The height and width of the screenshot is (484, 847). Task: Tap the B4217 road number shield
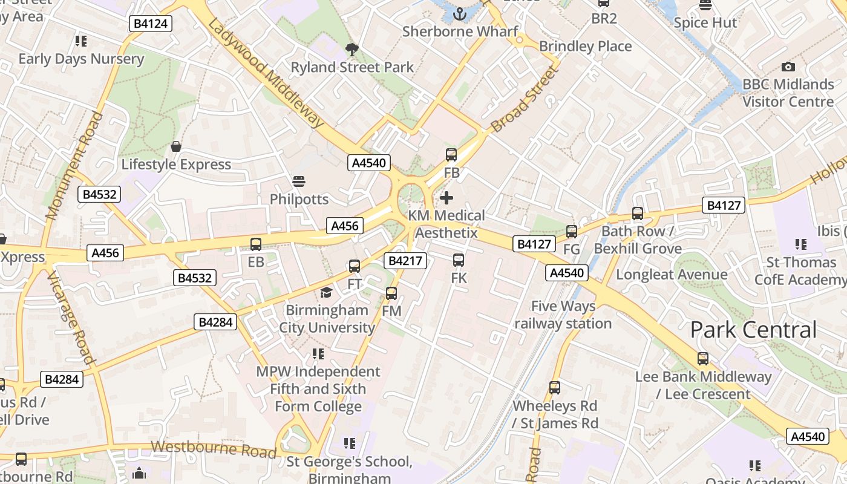tap(405, 261)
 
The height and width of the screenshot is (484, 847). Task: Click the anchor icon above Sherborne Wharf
tap(460, 13)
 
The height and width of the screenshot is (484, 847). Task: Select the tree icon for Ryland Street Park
tap(351, 49)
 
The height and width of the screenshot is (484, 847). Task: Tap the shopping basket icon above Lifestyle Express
tap(176, 146)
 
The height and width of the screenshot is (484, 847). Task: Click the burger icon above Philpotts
tap(299, 181)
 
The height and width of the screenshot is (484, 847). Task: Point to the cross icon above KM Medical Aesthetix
tap(446, 198)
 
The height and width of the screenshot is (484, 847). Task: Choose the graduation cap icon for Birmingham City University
tap(326, 293)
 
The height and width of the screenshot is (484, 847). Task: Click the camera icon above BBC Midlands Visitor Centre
tap(788, 67)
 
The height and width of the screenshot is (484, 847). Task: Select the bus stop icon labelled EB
tap(256, 244)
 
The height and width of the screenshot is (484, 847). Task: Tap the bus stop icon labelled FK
tap(459, 260)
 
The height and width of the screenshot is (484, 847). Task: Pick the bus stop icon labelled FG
tap(571, 231)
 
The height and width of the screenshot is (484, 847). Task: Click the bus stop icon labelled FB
tap(451, 155)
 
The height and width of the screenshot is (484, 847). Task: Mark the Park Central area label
tap(753, 330)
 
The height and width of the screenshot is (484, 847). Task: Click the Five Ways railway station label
tap(563, 315)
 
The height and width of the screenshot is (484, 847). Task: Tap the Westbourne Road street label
tap(214, 449)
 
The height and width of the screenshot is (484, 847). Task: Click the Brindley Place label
tap(585, 47)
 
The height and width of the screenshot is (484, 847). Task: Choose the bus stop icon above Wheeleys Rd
tap(555, 387)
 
